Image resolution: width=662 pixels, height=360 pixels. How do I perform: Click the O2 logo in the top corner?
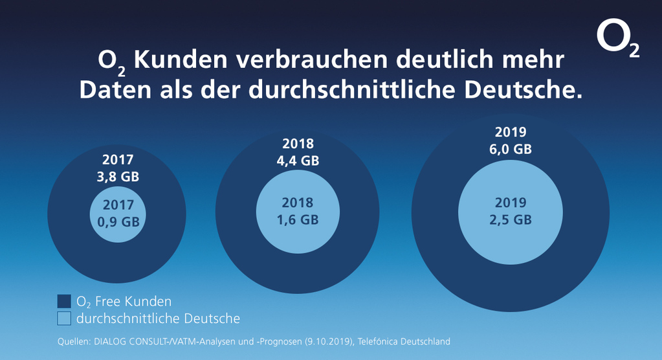click(x=617, y=41)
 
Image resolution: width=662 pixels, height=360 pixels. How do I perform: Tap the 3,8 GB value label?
click(x=118, y=177)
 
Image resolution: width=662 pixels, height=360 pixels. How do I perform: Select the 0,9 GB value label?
click(x=118, y=221)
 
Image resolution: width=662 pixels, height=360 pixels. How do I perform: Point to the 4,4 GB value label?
click(x=298, y=161)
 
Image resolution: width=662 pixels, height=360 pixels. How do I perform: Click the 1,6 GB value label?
click(x=298, y=219)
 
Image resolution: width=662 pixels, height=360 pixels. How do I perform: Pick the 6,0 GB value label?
click(x=511, y=149)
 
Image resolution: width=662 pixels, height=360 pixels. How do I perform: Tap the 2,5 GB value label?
click(x=511, y=219)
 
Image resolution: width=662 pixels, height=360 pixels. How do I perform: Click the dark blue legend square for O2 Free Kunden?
click(x=63, y=301)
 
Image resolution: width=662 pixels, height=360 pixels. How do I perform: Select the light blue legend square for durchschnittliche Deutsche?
click(x=63, y=319)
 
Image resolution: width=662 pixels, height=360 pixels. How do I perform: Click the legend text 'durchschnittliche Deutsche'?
click(x=158, y=319)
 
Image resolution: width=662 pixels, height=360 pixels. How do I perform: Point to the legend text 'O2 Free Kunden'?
click(x=124, y=301)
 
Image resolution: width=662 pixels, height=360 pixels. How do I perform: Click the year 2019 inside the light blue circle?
click(x=511, y=202)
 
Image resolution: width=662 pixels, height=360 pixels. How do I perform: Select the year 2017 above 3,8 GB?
click(x=118, y=159)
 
